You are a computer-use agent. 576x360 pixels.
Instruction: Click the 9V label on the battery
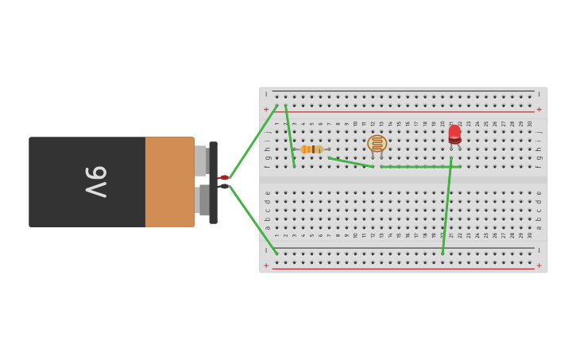click(95, 182)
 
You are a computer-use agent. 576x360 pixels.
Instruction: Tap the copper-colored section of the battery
click(169, 182)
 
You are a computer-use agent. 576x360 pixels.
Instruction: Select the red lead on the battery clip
click(224, 177)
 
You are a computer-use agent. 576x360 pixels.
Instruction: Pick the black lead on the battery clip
click(224, 186)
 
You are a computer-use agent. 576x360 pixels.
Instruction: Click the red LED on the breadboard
click(454, 134)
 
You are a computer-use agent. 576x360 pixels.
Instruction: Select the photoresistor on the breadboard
click(377, 144)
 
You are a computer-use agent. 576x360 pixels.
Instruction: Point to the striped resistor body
click(311, 149)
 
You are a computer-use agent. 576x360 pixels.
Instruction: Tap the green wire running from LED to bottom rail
click(446, 207)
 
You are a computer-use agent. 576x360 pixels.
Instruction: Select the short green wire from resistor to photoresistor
click(350, 162)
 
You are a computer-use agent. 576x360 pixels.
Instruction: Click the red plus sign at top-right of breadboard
click(539, 110)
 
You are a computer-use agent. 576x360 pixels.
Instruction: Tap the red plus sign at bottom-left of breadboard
click(266, 265)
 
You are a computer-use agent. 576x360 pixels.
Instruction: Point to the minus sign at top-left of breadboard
click(266, 94)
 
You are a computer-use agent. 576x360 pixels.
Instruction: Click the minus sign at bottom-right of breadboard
click(539, 250)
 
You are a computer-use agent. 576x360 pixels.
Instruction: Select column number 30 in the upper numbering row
click(530, 123)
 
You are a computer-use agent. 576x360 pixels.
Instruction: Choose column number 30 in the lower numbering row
click(530, 235)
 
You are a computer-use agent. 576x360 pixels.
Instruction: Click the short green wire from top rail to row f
click(290, 136)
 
